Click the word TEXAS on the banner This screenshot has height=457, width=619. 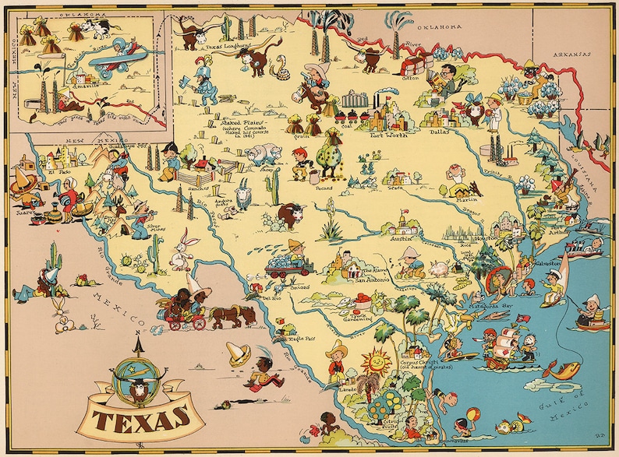coord(143,420)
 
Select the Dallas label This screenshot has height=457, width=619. coord(440,132)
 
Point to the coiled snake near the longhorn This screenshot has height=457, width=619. coord(278,72)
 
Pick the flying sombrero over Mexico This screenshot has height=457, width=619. coord(239,353)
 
